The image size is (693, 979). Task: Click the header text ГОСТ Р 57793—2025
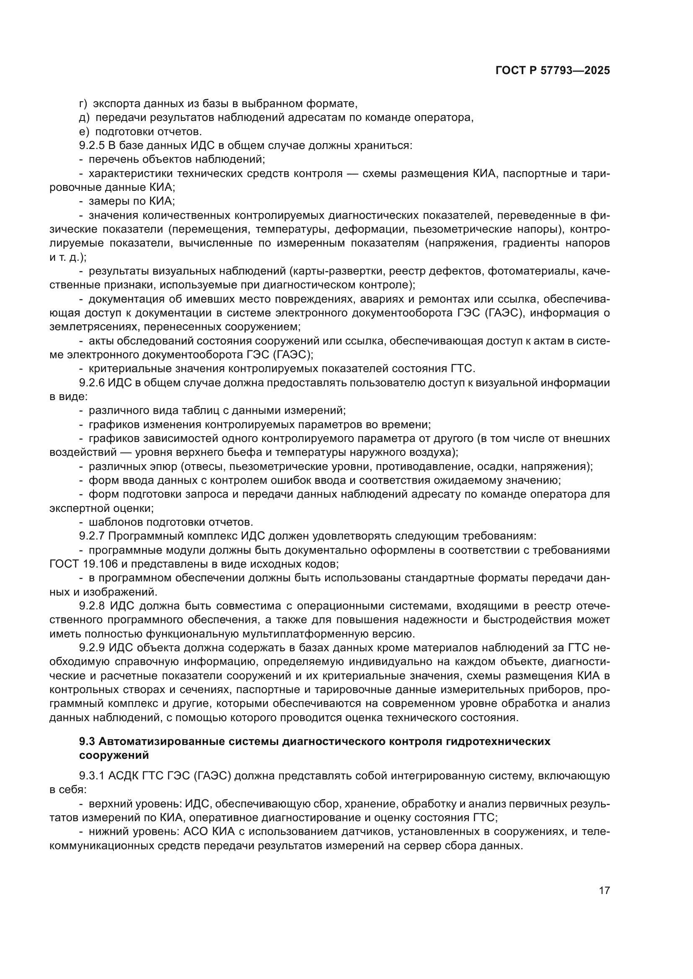552,71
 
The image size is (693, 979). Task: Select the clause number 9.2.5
92,145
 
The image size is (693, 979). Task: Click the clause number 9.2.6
92,383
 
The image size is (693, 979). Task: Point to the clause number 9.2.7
92,536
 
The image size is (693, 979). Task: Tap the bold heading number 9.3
87,741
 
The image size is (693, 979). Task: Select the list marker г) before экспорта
83,104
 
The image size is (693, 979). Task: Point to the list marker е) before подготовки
84,131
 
